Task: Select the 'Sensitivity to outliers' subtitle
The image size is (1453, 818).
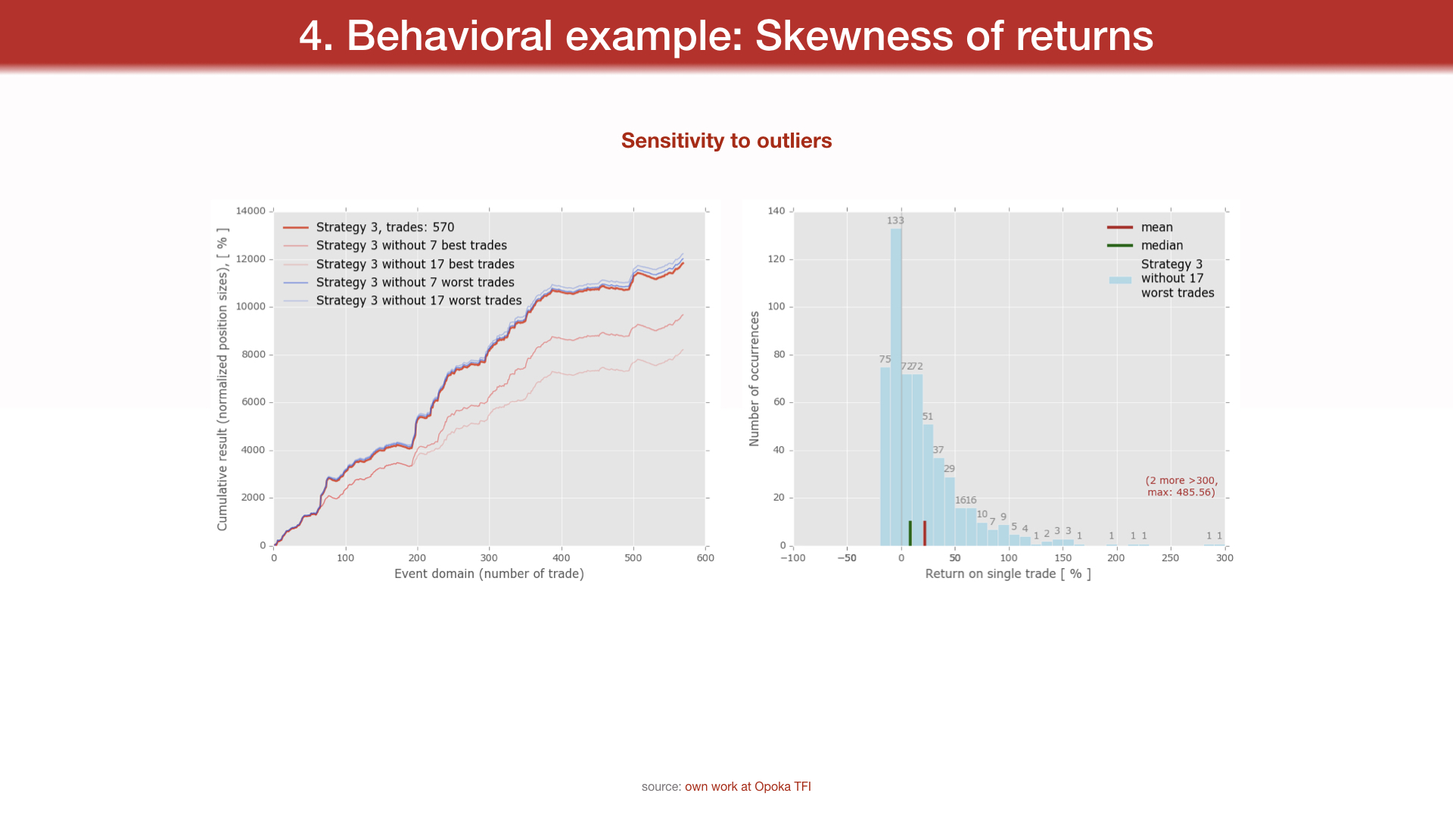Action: point(726,141)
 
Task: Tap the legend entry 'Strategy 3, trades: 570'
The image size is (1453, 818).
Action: point(384,227)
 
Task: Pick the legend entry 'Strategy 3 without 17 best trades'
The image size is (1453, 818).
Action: point(415,264)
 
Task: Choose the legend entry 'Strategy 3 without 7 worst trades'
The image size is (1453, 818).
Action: point(415,283)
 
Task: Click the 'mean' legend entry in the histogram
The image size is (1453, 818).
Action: point(1156,227)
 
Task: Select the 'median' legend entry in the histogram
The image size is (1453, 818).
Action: point(1162,245)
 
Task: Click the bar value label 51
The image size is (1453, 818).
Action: point(928,417)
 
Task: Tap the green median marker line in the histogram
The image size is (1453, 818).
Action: point(910,533)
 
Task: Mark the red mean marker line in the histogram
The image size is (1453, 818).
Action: point(925,533)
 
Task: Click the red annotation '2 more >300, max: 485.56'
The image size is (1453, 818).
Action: point(1181,486)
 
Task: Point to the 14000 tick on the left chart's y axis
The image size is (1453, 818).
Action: point(250,211)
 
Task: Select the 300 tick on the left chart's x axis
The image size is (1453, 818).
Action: point(489,558)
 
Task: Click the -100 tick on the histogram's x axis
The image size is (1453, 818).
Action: point(793,558)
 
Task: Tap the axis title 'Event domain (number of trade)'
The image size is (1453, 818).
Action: point(489,574)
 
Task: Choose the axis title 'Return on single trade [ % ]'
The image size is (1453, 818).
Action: point(1008,574)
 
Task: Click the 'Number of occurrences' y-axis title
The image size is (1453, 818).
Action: point(754,379)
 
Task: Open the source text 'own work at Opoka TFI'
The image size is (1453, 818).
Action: point(748,787)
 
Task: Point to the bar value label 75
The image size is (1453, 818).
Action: point(885,360)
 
